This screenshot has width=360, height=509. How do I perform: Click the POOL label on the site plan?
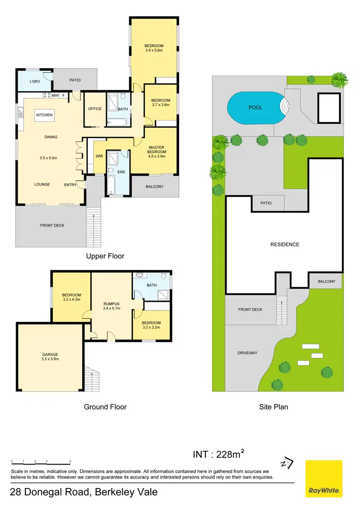point(255,107)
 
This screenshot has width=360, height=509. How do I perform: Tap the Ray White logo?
point(324,478)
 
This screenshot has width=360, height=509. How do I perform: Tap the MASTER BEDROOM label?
point(156,150)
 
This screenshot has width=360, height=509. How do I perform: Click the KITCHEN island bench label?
point(44,115)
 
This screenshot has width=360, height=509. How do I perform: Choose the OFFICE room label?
point(95,109)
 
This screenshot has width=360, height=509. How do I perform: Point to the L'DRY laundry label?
point(35,82)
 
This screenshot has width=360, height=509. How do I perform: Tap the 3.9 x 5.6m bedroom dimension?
point(154,49)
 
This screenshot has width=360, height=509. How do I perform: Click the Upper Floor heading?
point(105,256)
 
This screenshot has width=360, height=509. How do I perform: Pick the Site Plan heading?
point(274,407)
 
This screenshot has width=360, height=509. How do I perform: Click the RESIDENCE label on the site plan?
point(285,244)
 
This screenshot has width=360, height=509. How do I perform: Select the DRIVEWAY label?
point(247,353)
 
